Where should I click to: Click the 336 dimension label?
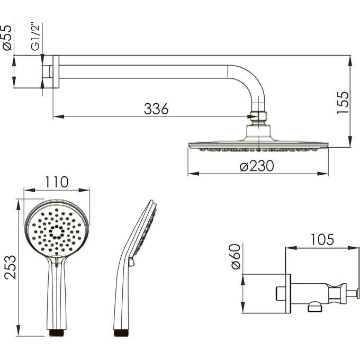[156, 109]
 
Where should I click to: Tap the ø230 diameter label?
[257, 166]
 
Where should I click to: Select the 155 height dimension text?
[343, 103]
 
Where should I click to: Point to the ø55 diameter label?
[7, 38]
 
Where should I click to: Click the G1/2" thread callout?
[35, 37]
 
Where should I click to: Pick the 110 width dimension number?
[57, 182]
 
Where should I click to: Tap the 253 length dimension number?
[11, 267]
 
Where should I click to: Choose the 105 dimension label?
[322, 239]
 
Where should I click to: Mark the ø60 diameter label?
[236, 256]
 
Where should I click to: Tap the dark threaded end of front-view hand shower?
[57, 333]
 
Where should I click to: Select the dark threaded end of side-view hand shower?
[121, 333]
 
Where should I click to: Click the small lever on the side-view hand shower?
[131, 262]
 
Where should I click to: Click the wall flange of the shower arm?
[56, 71]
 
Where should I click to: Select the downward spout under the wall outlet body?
[315, 307]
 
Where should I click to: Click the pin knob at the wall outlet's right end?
[358, 294]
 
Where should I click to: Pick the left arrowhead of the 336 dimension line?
[59, 116]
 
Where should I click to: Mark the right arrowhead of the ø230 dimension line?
[322, 174]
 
